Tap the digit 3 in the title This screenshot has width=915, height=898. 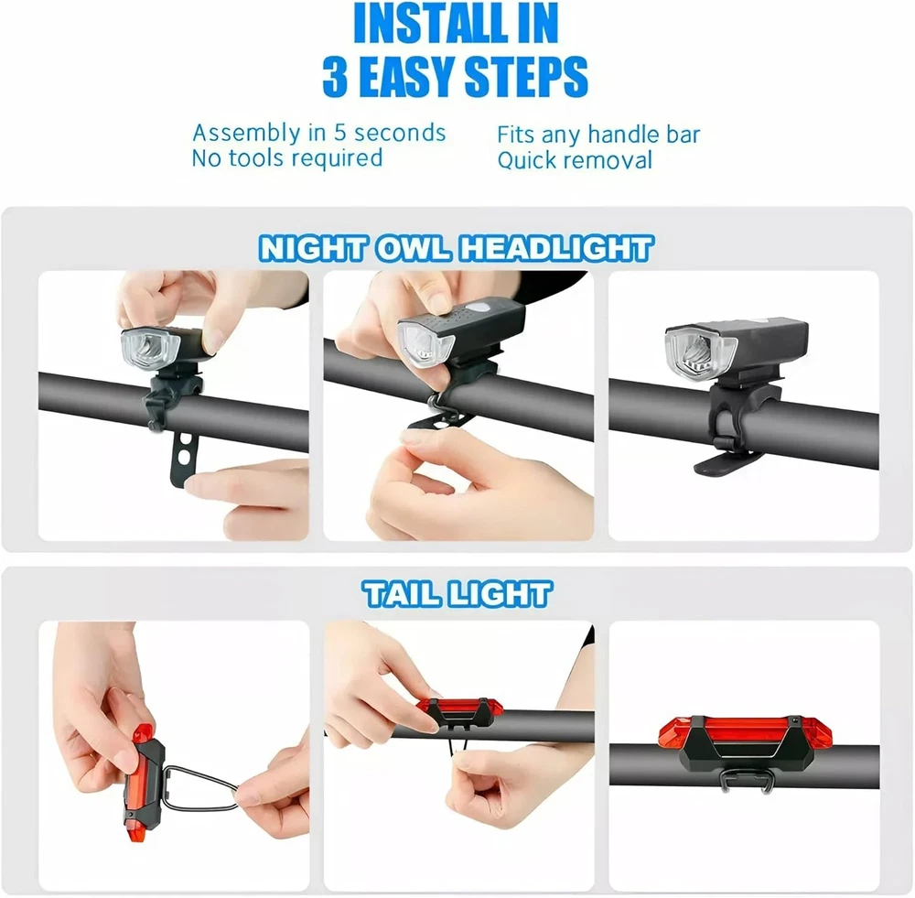pos(336,77)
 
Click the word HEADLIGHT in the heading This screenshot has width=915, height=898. pos(555,249)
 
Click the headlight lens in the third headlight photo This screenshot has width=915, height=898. pos(694,353)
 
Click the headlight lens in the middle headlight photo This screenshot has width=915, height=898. pos(425,348)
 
